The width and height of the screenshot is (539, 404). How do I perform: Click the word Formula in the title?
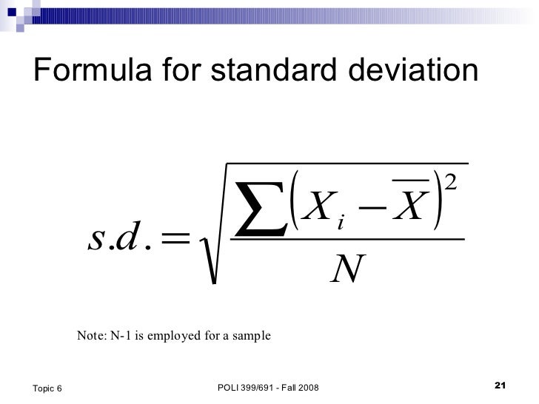81,71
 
